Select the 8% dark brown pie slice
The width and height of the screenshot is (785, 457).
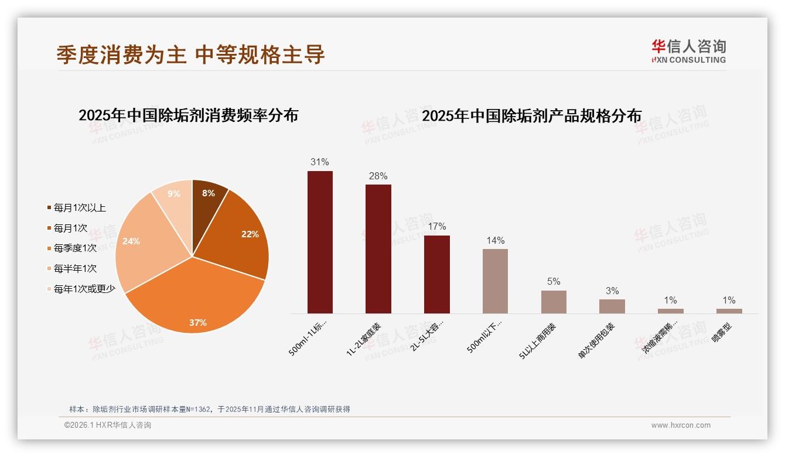pos(208,199)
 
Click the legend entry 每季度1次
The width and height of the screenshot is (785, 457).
pos(75,248)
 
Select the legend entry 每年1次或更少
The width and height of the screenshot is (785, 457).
pos(84,289)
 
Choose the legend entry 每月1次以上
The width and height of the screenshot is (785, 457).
pos(79,208)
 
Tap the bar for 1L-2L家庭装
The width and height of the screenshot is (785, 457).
pos(378,249)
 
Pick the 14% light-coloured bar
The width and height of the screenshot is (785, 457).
pos(495,281)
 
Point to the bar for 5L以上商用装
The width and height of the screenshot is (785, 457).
pos(554,302)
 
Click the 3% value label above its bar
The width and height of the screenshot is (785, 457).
pos(612,291)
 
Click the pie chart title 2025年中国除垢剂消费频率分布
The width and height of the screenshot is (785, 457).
pos(188,115)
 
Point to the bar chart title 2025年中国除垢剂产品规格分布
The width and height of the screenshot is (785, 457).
pos(531,115)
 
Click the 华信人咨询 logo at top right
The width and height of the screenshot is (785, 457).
pos(688,51)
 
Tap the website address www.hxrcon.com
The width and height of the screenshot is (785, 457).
pos(681,425)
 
